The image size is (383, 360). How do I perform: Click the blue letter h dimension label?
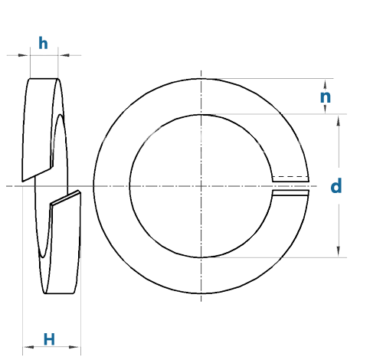(x=43, y=43)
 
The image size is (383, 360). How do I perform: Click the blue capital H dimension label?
(x=49, y=339)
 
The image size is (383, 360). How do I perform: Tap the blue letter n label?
(x=326, y=97)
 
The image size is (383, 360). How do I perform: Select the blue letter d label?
(x=336, y=186)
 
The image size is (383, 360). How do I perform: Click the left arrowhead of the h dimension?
(x=23, y=55)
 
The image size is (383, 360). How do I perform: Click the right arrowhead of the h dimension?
(x=64, y=55)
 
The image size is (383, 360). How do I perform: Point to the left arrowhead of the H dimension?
(x=29, y=347)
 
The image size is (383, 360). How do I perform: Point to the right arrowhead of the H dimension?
(x=74, y=347)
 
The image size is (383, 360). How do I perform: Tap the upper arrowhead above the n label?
(x=325, y=84)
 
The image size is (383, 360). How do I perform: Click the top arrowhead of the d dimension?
(x=339, y=120)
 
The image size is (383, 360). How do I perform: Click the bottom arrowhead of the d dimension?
(x=339, y=251)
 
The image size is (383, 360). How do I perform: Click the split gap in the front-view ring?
(x=290, y=186)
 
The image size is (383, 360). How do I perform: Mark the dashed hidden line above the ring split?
(x=290, y=176)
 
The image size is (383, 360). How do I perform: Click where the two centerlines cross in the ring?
(x=201, y=186)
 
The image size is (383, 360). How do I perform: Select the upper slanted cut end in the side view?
(x=38, y=175)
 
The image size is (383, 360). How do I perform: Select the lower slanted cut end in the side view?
(x=66, y=198)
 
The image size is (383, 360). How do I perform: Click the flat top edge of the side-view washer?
(x=44, y=78)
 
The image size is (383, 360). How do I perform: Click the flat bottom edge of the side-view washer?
(x=59, y=293)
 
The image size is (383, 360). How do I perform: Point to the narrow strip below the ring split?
(x=290, y=193)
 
